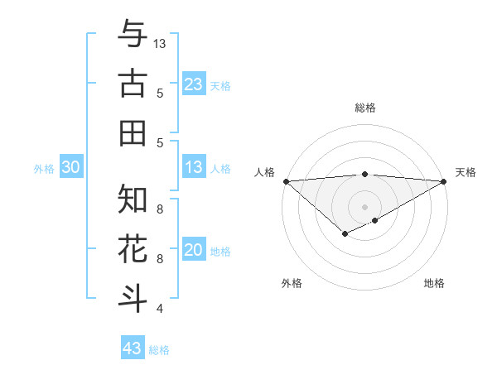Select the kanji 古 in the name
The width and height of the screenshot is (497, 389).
[x=133, y=84]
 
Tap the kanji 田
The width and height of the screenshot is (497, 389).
[x=133, y=132]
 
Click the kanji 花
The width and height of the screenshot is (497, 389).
[x=133, y=248]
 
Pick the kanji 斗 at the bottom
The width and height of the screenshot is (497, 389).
[x=133, y=297]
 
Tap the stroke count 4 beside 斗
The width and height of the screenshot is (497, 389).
[x=160, y=309]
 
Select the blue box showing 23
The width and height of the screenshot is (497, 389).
[x=194, y=84]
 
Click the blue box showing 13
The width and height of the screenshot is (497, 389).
[x=194, y=167]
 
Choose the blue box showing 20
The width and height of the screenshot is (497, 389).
[x=194, y=250]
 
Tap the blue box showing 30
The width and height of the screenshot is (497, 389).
[x=70, y=167]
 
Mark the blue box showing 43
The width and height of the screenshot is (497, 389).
[x=132, y=348]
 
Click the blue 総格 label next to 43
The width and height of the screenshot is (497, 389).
[x=160, y=350]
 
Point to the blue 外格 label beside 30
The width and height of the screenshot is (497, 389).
[x=44, y=169]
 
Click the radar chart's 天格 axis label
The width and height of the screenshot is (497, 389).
[x=466, y=172]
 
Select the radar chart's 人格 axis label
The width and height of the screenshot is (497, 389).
[x=264, y=172]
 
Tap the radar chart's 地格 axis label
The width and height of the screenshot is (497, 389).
[x=434, y=283]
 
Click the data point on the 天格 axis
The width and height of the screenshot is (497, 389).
[x=444, y=180]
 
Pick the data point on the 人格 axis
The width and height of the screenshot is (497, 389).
[x=286, y=180]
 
